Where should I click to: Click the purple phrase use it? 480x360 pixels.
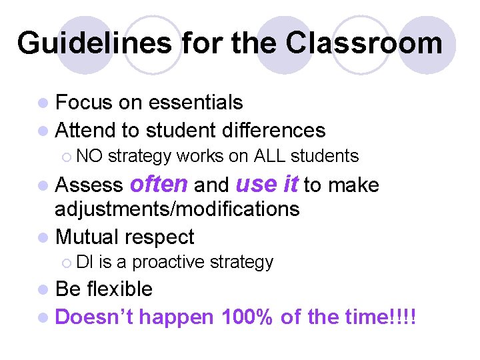(266, 184)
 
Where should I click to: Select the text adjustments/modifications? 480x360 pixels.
(177, 209)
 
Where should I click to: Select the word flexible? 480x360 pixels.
(123, 289)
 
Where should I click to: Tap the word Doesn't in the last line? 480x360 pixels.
(94, 317)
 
